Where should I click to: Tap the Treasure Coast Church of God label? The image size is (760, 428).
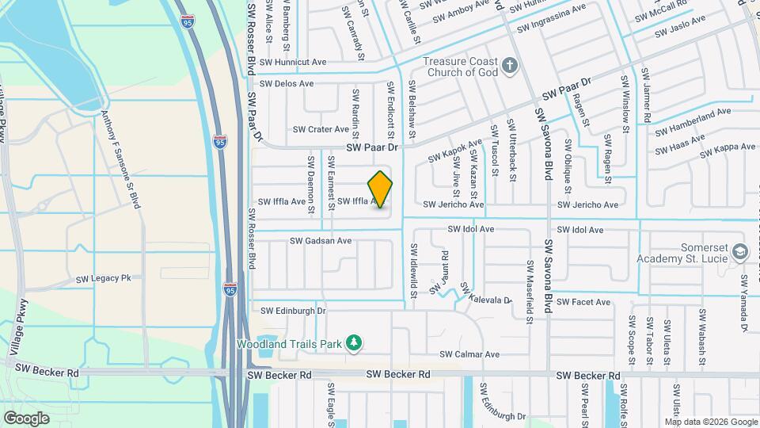coord(460,67)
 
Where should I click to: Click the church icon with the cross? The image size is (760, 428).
coord(511,64)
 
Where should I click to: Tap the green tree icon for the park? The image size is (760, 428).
coord(355,342)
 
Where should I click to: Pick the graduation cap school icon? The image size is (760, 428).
coord(740,251)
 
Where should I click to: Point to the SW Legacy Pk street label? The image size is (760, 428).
coord(103,279)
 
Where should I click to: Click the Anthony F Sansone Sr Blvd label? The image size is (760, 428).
coord(122,159)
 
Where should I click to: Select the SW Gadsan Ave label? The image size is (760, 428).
coord(321,240)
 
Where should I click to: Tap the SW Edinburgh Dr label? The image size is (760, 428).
coord(293,311)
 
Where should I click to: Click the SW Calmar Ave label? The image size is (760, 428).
coord(470,354)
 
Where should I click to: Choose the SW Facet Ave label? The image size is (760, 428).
coord(583,302)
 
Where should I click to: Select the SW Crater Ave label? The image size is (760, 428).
coord(321,129)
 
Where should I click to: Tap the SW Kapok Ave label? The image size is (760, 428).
coord(455,151)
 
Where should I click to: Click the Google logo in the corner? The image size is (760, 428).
coord(25,418)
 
